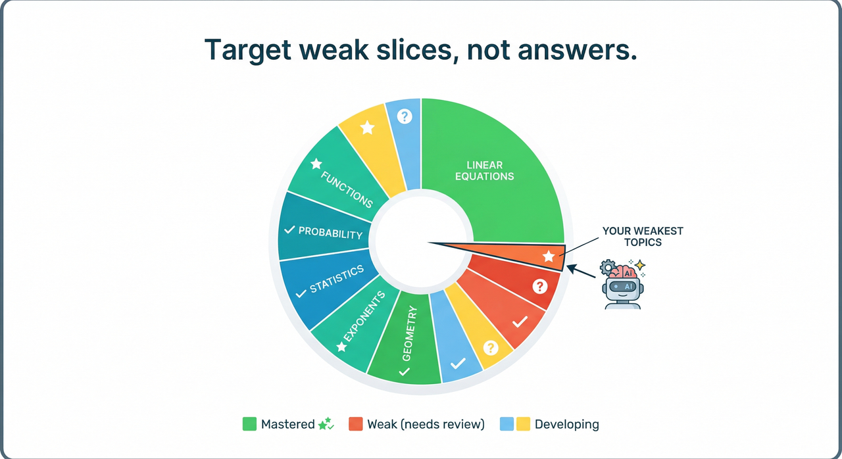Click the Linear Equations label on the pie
tap(485, 170)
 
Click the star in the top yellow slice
tap(368, 128)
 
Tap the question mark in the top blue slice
tap(405, 116)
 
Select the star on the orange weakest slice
tap(548, 256)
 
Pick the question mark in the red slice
tap(539, 286)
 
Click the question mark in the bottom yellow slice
tap(490, 348)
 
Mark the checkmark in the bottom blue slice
tap(458, 363)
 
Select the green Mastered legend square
tap(249, 424)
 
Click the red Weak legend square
tap(356, 424)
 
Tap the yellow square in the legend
tap(523, 424)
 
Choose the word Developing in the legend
tap(566, 424)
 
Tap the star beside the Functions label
tap(316, 163)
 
